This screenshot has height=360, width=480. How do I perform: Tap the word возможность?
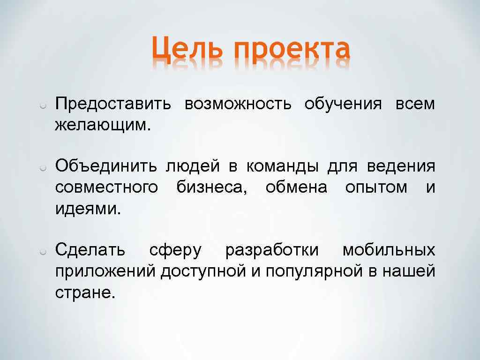pyautogui.click(x=238, y=104)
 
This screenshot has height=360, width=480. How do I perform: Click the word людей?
pyautogui.click(x=192, y=166)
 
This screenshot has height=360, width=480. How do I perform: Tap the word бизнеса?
pyautogui.click(x=212, y=187)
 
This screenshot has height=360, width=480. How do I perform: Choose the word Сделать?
pyautogui.click(x=90, y=250)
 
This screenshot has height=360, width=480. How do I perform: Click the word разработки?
pyautogui.click(x=272, y=250)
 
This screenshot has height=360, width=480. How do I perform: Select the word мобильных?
pyautogui.click(x=389, y=250)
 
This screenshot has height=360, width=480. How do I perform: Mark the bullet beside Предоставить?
pyautogui.click(x=42, y=105)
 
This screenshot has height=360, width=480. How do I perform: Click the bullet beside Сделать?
pyautogui.click(x=42, y=252)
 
